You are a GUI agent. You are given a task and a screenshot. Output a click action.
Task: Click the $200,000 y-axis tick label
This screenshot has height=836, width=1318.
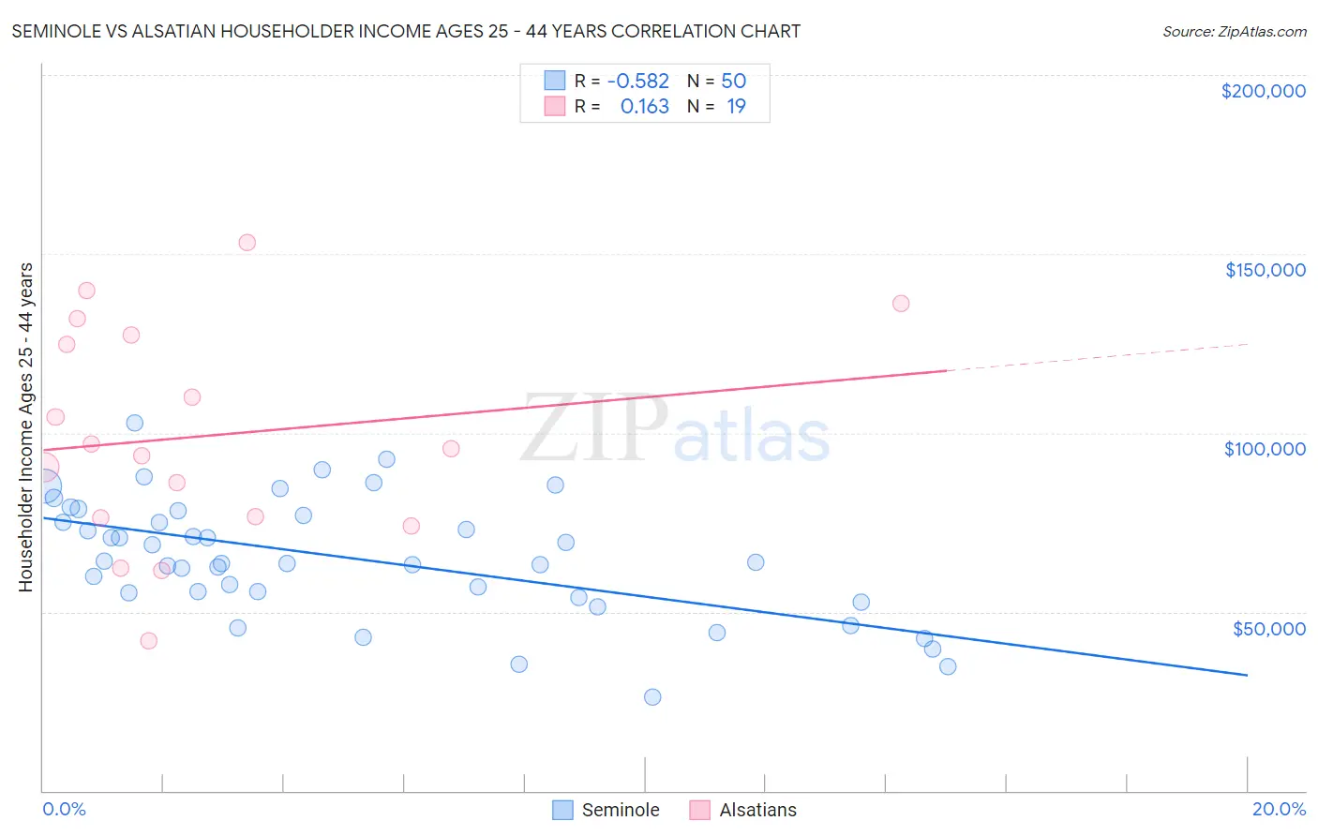[x=1263, y=91]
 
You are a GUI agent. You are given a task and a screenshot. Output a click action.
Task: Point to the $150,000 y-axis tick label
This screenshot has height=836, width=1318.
[x=1265, y=270]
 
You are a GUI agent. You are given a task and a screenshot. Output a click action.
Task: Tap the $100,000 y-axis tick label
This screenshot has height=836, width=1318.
[x=1265, y=449]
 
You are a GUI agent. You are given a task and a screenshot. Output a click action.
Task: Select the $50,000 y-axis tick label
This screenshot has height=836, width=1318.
[x=1268, y=628]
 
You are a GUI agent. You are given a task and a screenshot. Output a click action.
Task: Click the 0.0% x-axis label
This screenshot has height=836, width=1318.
[x=64, y=809]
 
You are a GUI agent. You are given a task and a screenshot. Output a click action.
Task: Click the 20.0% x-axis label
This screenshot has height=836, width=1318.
[x=1279, y=809]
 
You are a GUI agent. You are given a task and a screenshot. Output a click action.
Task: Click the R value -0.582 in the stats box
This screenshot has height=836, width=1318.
[x=638, y=82]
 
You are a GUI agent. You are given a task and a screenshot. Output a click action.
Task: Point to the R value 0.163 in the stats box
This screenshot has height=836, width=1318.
[x=645, y=107]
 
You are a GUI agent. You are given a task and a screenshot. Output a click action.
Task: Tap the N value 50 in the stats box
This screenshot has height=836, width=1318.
[x=733, y=82]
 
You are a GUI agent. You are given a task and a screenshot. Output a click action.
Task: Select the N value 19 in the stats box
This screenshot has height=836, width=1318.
[x=736, y=107]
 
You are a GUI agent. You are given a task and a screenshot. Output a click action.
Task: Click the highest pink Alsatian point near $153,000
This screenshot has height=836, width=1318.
[x=247, y=243]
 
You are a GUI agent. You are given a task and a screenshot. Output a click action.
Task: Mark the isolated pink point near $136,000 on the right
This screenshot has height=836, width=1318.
[x=901, y=303]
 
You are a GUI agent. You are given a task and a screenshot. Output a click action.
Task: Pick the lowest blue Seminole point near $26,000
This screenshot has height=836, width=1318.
[x=652, y=697]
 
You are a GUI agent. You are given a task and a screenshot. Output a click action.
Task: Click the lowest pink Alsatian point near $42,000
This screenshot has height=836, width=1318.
[x=148, y=641]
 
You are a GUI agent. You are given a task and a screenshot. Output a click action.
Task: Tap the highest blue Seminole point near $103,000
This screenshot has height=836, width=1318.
[x=135, y=423]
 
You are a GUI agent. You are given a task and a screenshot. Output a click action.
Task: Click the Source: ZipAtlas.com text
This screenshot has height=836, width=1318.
[x=1234, y=32]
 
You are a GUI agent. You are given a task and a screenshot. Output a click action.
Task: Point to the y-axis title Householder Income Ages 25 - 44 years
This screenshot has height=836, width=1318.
[x=26, y=427]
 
